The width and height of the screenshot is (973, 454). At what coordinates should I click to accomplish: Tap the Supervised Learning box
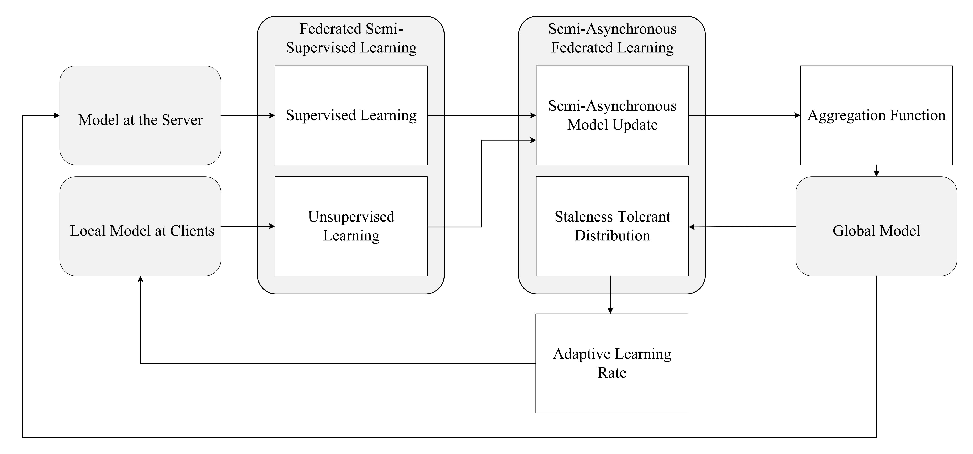351,115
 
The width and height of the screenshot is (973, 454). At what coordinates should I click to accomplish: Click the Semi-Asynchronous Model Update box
612,115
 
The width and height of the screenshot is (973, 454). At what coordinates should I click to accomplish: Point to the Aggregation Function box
876,115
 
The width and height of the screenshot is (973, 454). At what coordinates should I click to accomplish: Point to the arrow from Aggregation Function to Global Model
876,172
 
